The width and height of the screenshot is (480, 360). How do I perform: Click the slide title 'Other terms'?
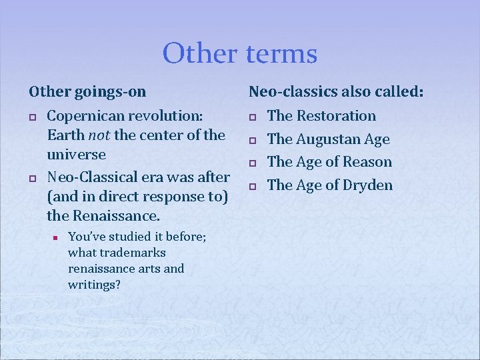[240, 53]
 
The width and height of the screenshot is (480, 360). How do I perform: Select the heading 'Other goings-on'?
[87, 91]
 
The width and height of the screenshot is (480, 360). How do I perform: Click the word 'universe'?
[76, 155]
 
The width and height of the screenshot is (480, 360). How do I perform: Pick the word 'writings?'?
[94, 285]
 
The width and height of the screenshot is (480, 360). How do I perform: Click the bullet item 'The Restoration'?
[321, 116]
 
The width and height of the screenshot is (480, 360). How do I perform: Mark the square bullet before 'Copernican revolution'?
[31, 117]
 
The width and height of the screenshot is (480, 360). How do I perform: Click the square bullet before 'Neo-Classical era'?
[31, 178]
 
